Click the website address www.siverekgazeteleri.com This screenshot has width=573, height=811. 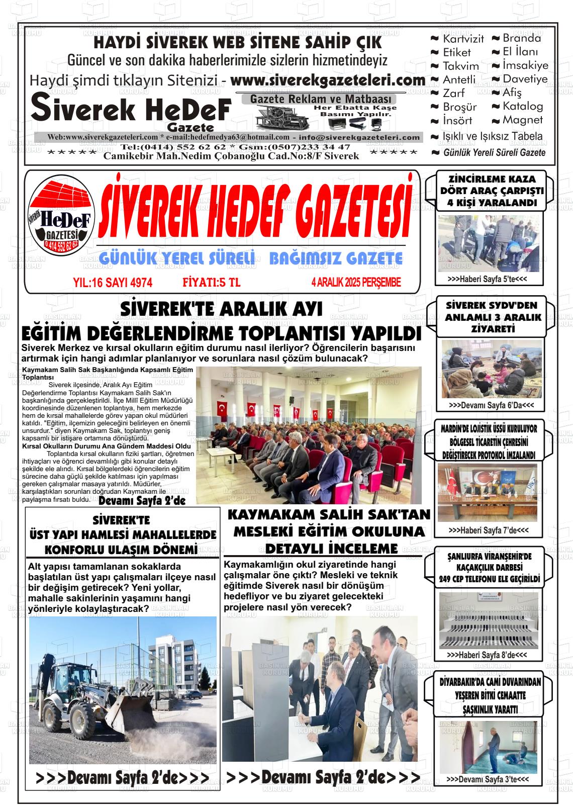(328, 80)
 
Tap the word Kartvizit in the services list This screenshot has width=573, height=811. (463, 39)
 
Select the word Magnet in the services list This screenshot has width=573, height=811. (523, 120)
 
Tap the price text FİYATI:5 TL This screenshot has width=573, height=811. (211, 283)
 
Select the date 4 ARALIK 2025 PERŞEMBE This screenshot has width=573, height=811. (356, 283)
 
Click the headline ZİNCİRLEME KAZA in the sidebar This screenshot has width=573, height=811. (485, 179)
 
